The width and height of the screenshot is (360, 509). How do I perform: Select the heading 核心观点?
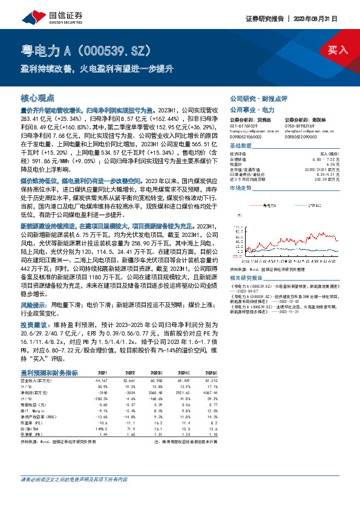38,97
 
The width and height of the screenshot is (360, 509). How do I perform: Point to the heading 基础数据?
240,147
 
